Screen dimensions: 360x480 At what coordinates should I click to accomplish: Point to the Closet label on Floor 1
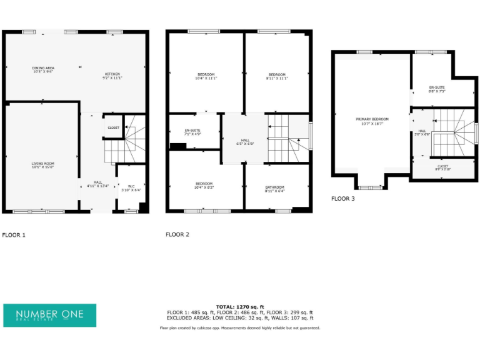tap(113, 127)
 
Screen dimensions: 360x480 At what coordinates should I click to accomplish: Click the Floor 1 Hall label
tap(98, 184)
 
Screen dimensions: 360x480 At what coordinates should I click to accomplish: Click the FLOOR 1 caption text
tap(14, 235)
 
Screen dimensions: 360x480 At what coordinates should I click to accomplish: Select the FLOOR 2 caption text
tap(177, 235)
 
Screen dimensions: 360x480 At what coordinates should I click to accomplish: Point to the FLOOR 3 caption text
tap(342, 199)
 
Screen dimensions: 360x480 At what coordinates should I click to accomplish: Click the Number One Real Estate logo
tap(50, 315)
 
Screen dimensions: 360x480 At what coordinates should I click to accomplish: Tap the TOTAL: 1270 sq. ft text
tap(240, 307)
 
